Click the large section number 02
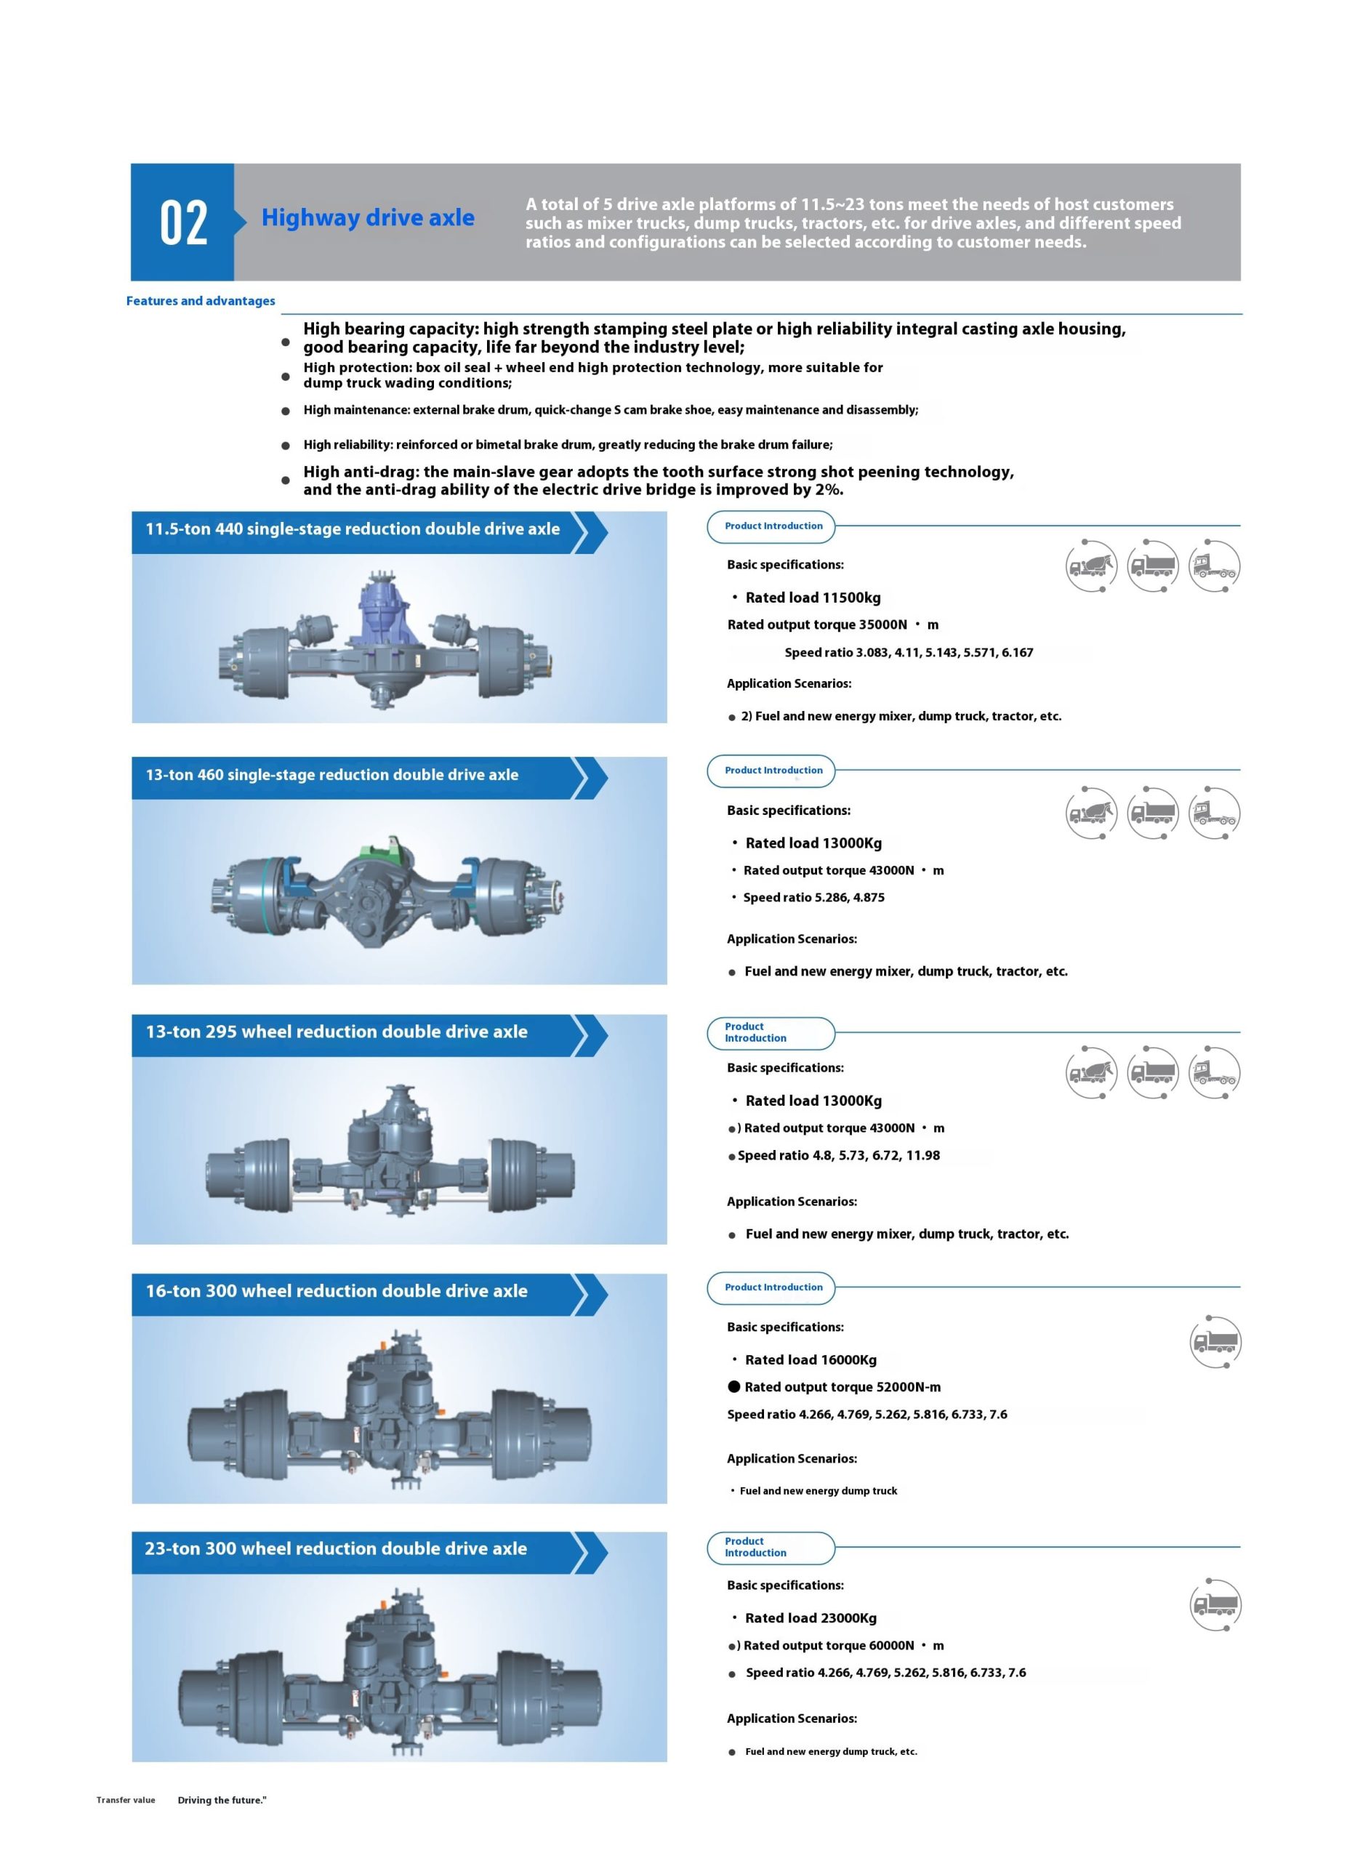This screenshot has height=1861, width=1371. [x=182, y=222]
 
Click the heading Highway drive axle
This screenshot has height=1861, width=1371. [x=368, y=217]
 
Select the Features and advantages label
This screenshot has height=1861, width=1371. [x=200, y=300]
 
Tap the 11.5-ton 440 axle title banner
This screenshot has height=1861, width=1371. [x=353, y=529]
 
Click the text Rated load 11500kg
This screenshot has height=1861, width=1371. [x=813, y=598]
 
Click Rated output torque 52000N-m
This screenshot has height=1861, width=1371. [x=842, y=1387]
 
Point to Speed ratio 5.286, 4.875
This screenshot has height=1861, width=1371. [x=813, y=898]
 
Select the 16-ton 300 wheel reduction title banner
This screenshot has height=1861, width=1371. [x=336, y=1291]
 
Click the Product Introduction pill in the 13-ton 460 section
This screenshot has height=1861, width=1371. [x=773, y=770]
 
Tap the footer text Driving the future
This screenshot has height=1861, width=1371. [x=222, y=1801]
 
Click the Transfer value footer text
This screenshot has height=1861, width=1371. [x=125, y=1801]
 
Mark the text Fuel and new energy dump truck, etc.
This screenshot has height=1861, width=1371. [x=831, y=1752]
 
